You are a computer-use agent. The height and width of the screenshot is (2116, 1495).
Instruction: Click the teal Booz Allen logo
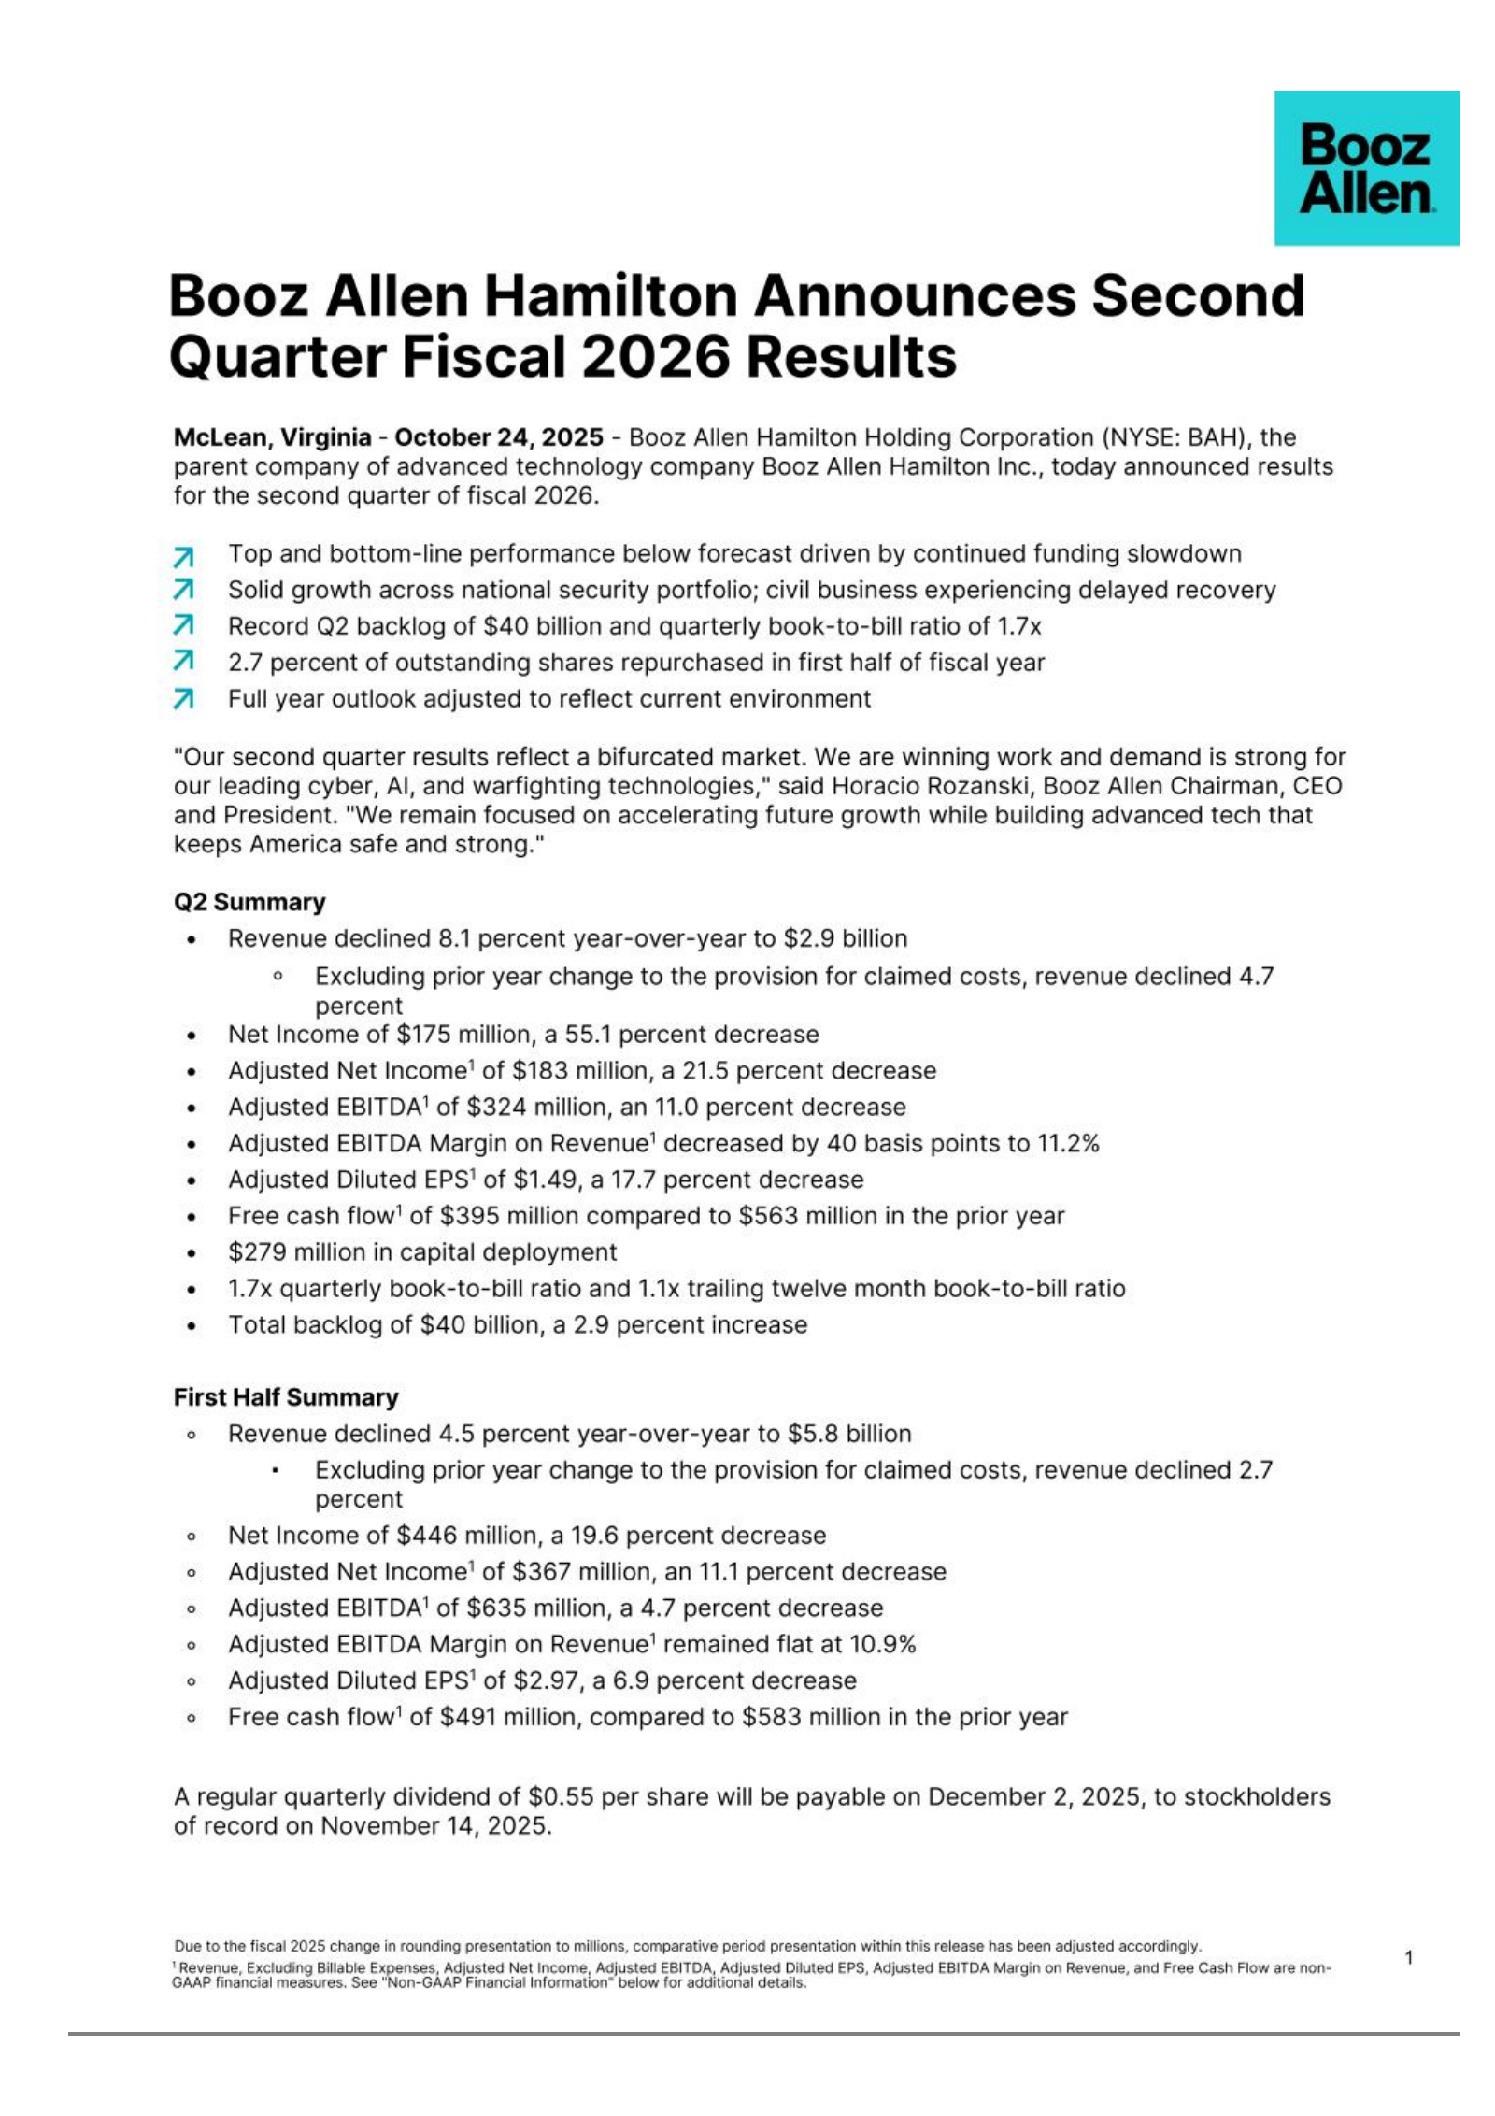point(1365,168)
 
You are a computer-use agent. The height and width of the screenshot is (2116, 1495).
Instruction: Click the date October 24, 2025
point(498,437)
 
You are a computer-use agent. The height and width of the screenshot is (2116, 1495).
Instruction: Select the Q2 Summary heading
point(249,902)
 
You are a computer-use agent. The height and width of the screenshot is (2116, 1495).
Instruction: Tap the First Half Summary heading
point(286,1397)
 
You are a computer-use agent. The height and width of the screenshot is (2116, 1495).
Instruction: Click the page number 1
point(1408,1958)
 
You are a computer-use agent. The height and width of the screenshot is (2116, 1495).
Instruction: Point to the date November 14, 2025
point(435,1825)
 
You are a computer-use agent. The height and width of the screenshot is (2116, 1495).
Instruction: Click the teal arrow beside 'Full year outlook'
point(184,699)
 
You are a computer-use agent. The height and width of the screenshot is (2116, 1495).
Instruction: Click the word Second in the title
point(1197,296)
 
